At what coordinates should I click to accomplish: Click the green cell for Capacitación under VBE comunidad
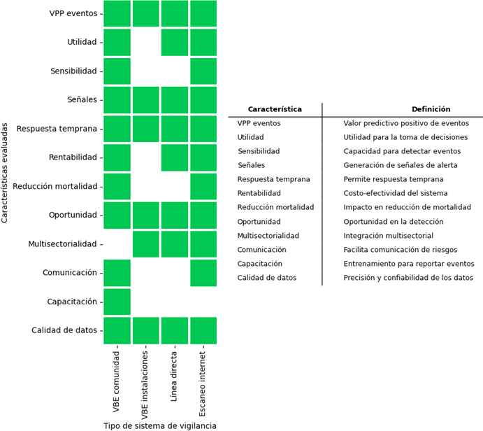pyautogui.click(x=117, y=302)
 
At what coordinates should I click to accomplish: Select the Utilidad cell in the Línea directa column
pyautogui.click(x=175, y=42)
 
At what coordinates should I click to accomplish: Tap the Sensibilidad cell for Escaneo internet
pyautogui.click(x=203, y=71)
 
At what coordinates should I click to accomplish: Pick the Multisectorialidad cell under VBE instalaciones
pyautogui.click(x=145, y=244)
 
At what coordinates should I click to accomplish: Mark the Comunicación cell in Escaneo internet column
pyautogui.click(x=203, y=273)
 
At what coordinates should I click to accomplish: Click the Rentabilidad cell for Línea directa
pyautogui.click(x=175, y=157)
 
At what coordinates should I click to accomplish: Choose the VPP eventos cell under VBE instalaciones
pyautogui.click(x=145, y=13)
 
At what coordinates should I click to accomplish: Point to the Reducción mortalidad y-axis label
pyautogui.click(x=55, y=186)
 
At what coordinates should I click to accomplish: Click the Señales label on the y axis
pyautogui.click(x=82, y=99)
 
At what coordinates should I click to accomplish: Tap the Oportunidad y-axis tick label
pyautogui.click(x=73, y=215)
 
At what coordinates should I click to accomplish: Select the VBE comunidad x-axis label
pyautogui.click(x=116, y=381)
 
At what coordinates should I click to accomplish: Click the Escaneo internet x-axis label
pyautogui.click(x=202, y=384)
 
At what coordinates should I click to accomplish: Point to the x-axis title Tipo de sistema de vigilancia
pyautogui.click(x=160, y=426)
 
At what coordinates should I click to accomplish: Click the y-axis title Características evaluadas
pyautogui.click(x=4, y=173)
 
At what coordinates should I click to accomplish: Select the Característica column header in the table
pyautogui.click(x=275, y=109)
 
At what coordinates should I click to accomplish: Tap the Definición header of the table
pyautogui.click(x=431, y=109)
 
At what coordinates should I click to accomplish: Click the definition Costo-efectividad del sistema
pyautogui.click(x=396, y=193)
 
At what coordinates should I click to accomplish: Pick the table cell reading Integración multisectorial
pyautogui.click(x=389, y=236)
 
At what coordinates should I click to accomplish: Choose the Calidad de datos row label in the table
pyautogui.click(x=267, y=278)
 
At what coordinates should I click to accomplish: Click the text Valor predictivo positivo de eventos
pyautogui.click(x=406, y=123)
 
